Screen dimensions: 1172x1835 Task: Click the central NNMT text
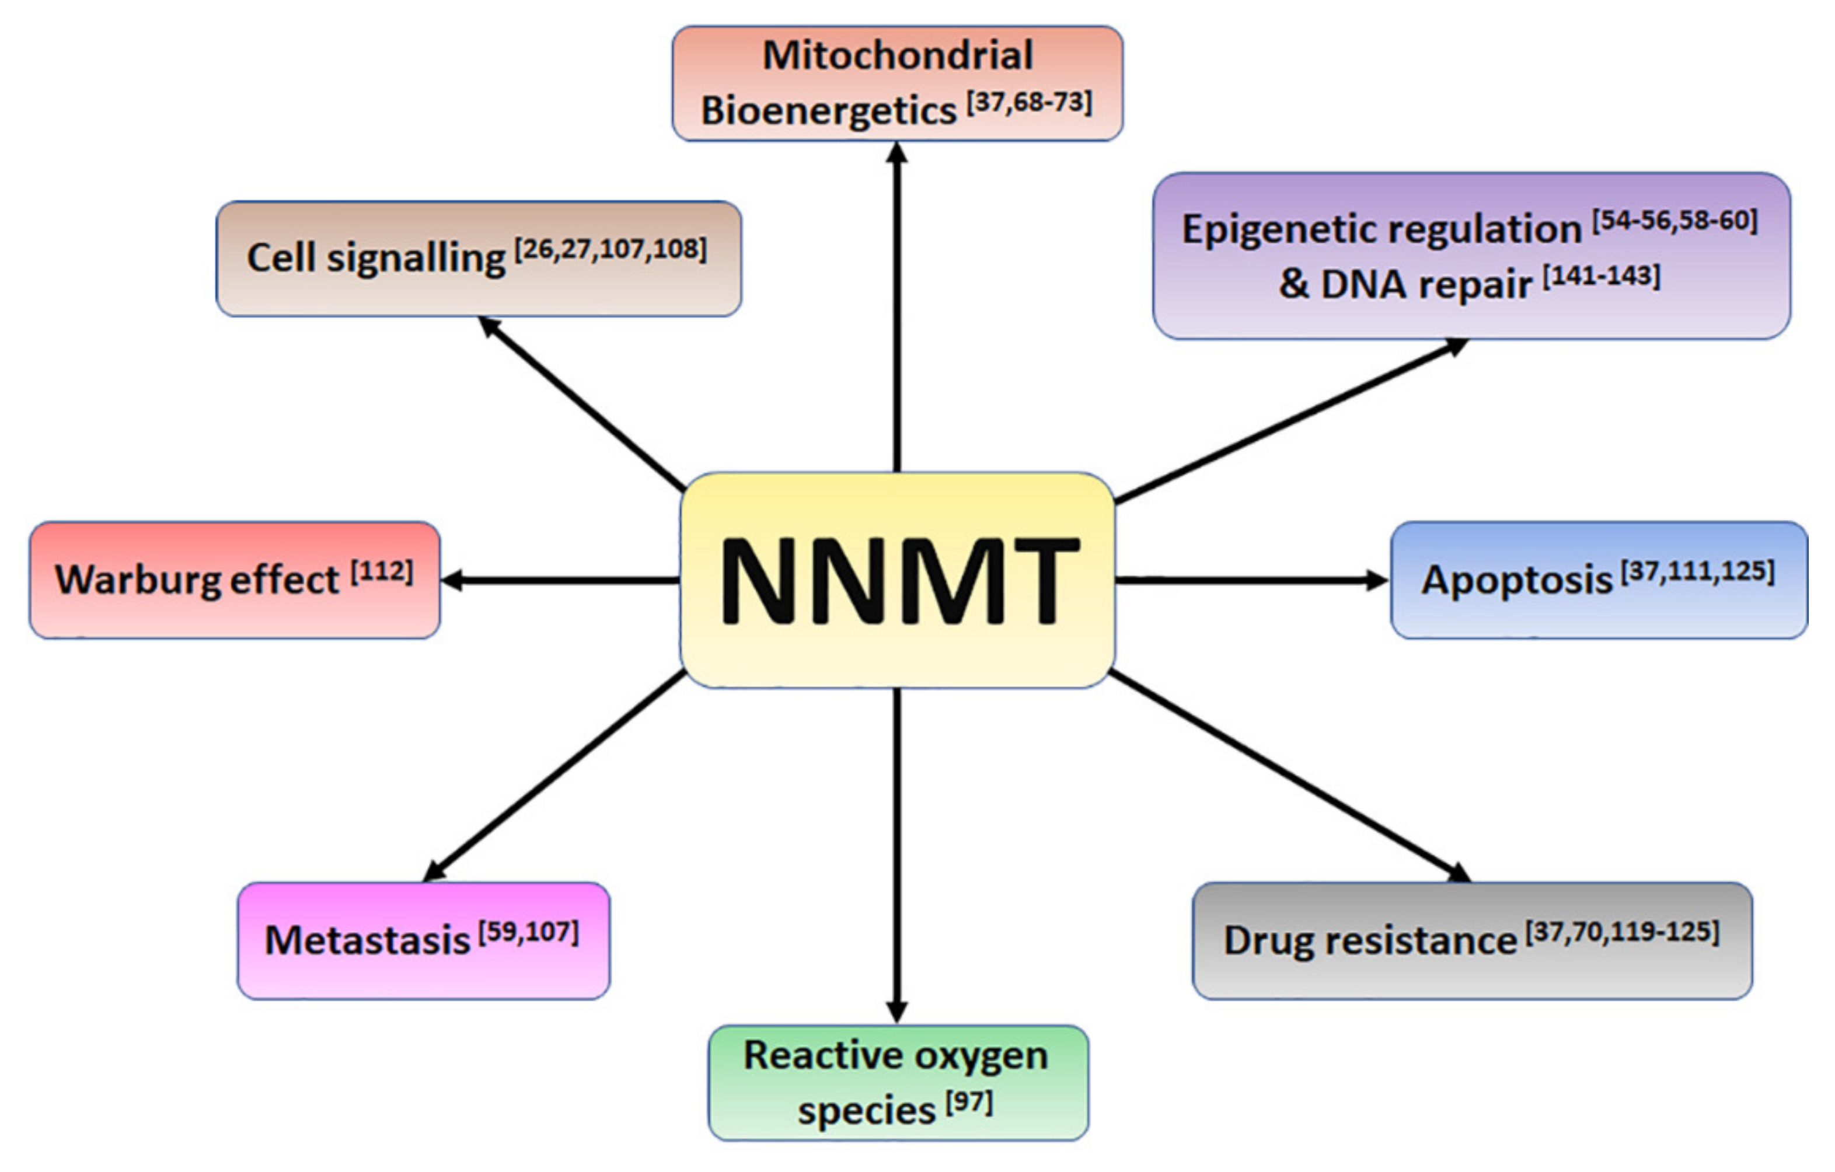pos(899,581)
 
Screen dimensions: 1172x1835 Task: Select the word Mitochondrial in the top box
pos(898,55)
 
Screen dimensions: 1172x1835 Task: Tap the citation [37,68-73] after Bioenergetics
pos(1030,102)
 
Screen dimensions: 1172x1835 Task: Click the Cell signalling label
pos(376,257)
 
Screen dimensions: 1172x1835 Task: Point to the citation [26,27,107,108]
pos(611,249)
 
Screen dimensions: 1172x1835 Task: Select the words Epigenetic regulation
pos(1381,229)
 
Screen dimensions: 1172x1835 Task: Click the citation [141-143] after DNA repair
pos(1601,276)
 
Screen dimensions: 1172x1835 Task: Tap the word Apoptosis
pos(1516,580)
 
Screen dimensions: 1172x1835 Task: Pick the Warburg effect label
pos(197,580)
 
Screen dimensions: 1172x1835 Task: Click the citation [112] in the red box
pos(382,571)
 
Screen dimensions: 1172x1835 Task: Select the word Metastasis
pos(367,940)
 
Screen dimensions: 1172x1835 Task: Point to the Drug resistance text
pos(1369,940)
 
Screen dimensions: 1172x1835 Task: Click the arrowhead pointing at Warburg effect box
pos(452,581)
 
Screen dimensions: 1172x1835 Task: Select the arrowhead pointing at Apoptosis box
pos(1376,581)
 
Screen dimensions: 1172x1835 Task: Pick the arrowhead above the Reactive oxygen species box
pos(897,1012)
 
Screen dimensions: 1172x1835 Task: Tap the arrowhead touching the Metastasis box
pos(434,873)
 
